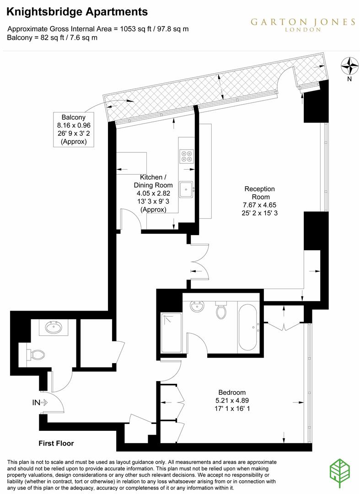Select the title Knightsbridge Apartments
[x=77, y=11]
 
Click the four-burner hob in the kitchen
[x=187, y=156]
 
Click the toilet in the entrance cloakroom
[x=37, y=354]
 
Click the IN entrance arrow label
[x=40, y=403]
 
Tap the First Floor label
[x=56, y=443]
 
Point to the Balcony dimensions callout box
[x=74, y=129]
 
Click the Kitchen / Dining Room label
[x=153, y=181]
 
